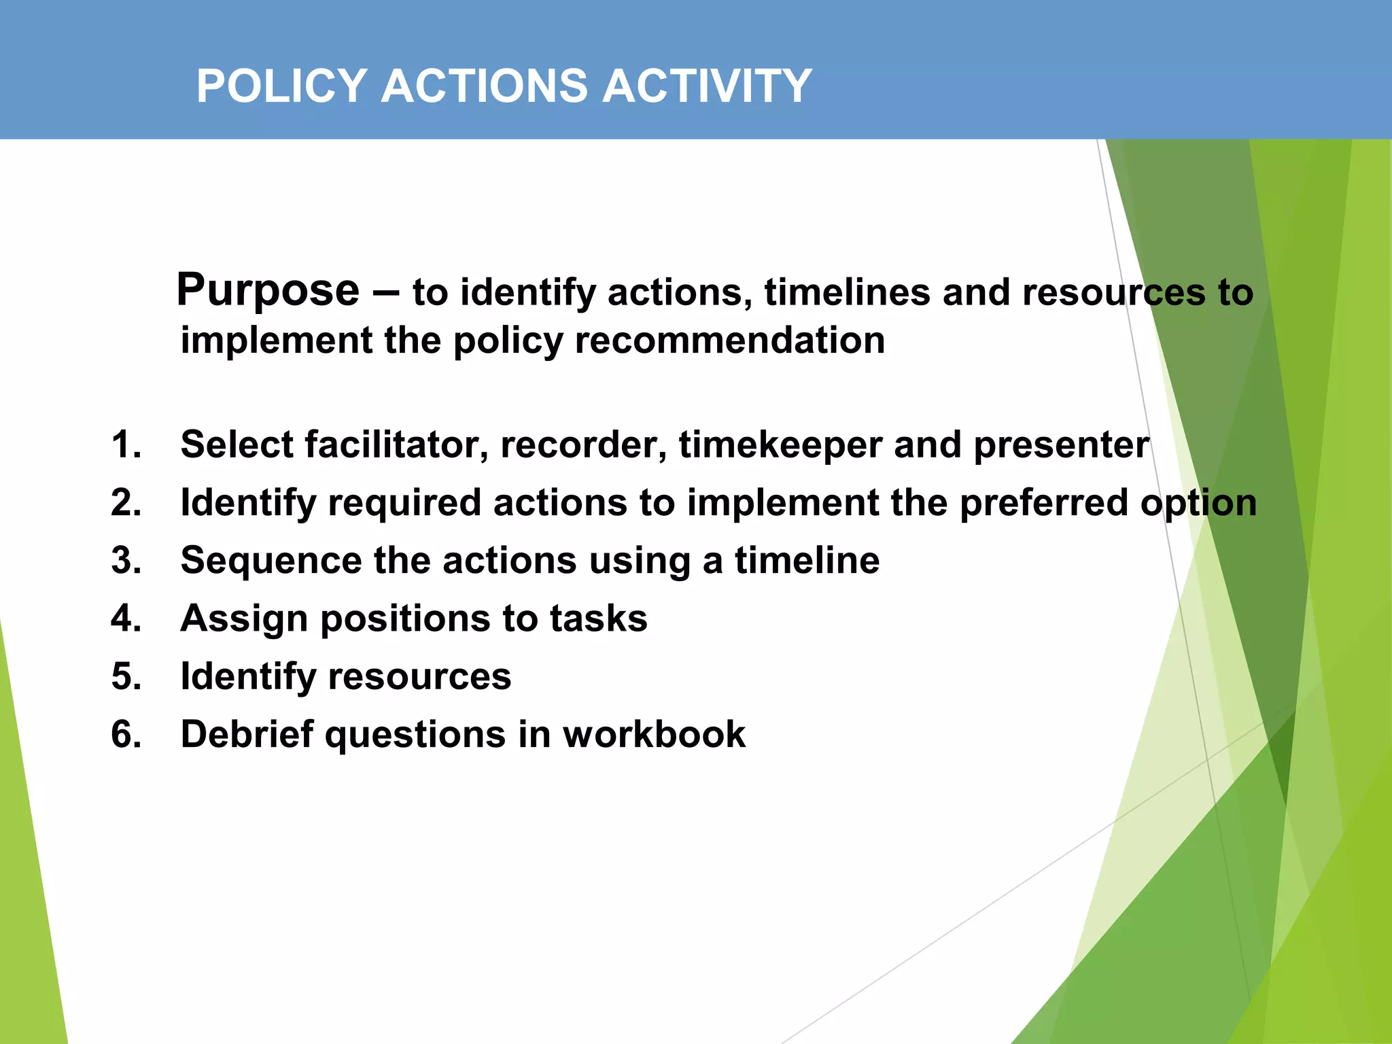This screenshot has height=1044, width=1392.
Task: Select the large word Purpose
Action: pyautogui.click(x=268, y=292)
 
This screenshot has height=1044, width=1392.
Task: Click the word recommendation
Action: pyautogui.click(x=729, y=341)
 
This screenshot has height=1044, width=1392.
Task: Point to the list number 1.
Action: pyautogui.click(x=126, y=445)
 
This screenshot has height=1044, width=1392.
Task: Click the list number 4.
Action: pyautogui.click(x=126, y=619)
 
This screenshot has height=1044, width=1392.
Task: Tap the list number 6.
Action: pyautogui.click(x=126, y=735)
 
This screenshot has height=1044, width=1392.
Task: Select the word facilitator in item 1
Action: pyautogui.click(x=396, y=445)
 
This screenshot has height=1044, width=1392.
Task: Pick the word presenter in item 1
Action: pyautogui.click(x=1061, y=445)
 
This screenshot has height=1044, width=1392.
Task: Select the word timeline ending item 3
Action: pyautogui.click(x=807, y=561)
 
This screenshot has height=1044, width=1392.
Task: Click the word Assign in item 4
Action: pyautogui.click(x=244, y=619)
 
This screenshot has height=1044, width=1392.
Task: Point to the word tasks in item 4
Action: pyautogui.click(x=598, y=619)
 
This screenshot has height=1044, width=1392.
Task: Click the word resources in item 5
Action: pyautogui.click(x=419, y=677)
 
